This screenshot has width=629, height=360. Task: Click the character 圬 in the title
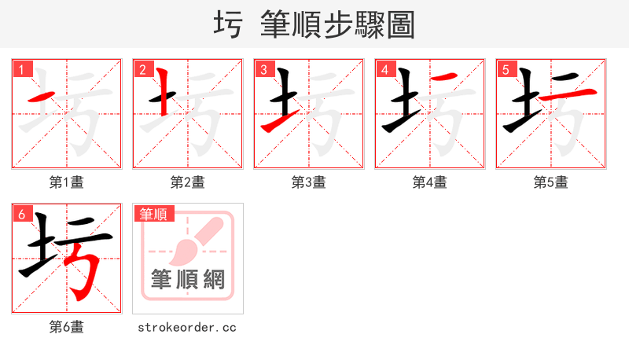pyautogui.click(x=230, y=24)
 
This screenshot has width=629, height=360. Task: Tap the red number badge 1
pyautogui.click(x=20, y=69)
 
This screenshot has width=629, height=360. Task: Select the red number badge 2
pyautogui.click(x=142, y=69)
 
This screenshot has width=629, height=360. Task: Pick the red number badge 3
pyautogui.click(x=263, y=69)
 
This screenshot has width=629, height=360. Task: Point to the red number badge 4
pyautogui.click(x=384, y=69)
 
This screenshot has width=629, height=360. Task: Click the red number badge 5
pyautogui.click(x=505, y=69)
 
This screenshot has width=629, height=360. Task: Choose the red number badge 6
pyautogui.click(x=20, y=214)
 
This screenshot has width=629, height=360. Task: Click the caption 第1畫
pyautogui.click(x=67, y=182)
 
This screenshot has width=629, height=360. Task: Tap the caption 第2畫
pyautogui.click(x=188, y=182)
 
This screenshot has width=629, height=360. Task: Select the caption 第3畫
pyautogui.click(x=309, y=182)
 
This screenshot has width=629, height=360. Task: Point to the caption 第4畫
pyautogui.click(x=430, y=182)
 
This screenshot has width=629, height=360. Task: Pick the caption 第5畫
pyautogui.click(x=551, y=182)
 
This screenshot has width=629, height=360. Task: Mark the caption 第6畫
pyautogui.click(x=67, y=327)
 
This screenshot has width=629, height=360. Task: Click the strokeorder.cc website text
pyautogui.click(x=187, y=327)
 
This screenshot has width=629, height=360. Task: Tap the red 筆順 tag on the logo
pyautogui.click(x=154, y=213)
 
